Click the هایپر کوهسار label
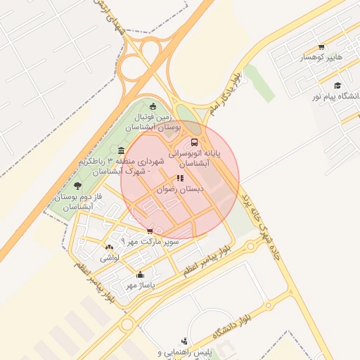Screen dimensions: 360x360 [320, 57]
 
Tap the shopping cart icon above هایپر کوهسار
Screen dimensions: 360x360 [321, 47]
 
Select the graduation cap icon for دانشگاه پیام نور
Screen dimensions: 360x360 [337, 85]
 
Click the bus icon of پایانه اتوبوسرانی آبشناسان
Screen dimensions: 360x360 [195, 142]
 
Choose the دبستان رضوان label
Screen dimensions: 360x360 [181, 189]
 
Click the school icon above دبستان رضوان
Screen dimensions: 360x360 [181, 179]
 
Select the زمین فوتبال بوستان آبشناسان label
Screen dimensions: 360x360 [154, 121]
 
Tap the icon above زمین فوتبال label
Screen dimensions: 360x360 [153, 105]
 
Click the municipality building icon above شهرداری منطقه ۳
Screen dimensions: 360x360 [122, 151]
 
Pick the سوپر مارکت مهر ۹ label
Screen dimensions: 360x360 [150, 241]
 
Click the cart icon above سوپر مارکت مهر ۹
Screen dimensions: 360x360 [150, 231]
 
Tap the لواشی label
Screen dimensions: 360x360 [110, 258]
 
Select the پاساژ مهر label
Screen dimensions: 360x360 [141, 285]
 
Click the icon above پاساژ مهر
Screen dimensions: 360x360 [141, 275]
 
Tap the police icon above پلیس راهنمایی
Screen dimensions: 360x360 [184, 341]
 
